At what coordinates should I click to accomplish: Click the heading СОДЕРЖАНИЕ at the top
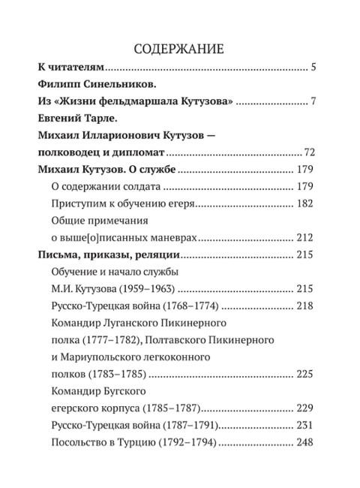[179, 50]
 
